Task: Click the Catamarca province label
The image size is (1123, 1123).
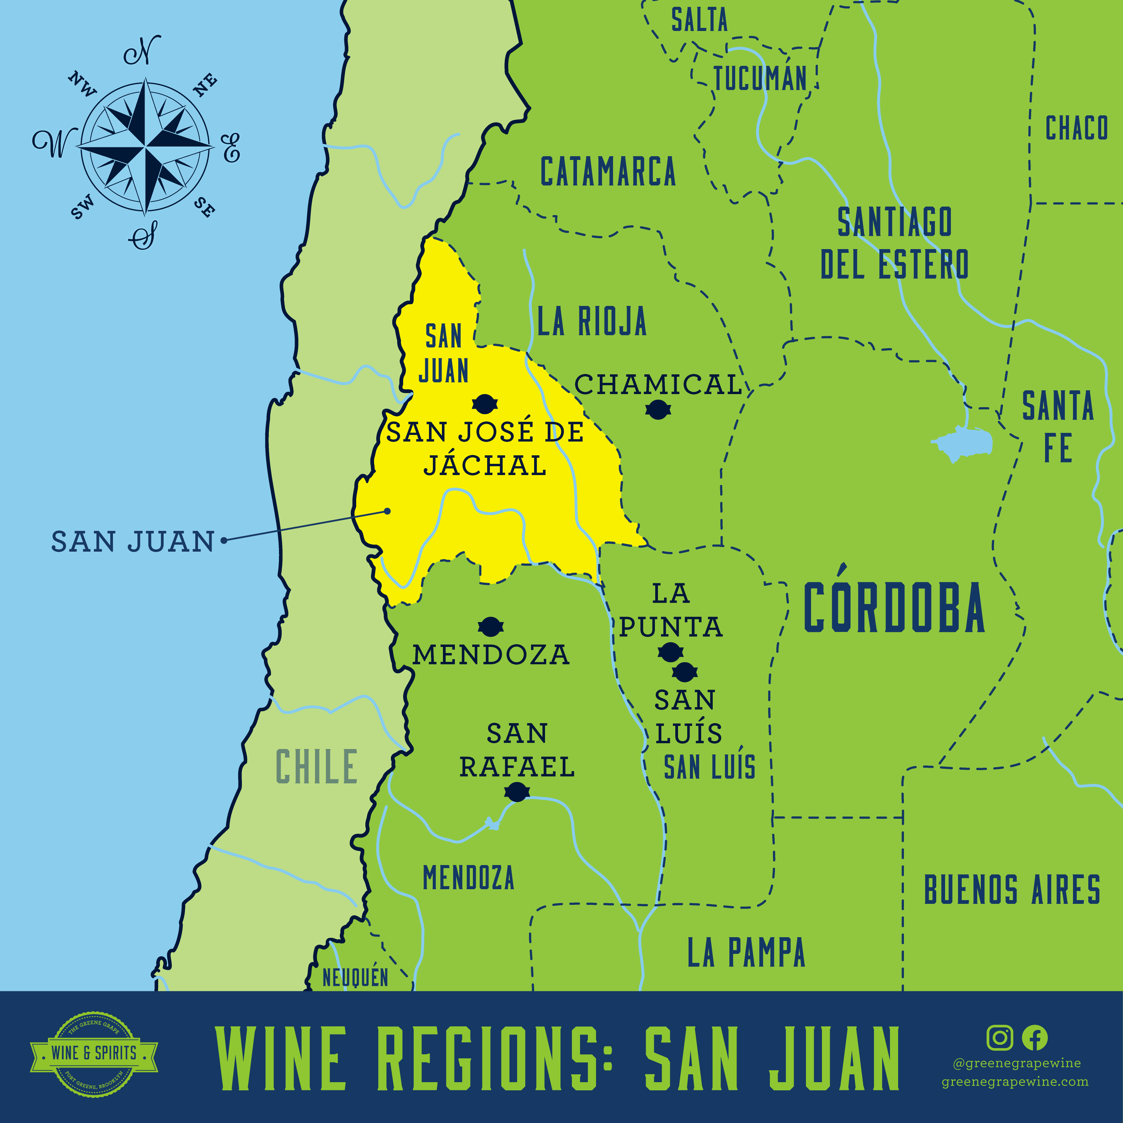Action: pyautogui.click(x=608, y=172)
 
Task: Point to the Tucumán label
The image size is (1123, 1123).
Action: pyautogui.click(x=760, y=79)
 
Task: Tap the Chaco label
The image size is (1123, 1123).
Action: pyautogui.click(x=1076, y=128)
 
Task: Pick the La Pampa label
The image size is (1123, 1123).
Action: pyautogui.click(x=746, y=953)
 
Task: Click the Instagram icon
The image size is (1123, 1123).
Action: pyautogui.click(x=1000, y=1038)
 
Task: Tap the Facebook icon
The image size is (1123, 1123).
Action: pyautogui.click(x=1035, y=1038)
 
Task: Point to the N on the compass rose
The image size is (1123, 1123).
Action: pyautogui.click(x=143, y=51)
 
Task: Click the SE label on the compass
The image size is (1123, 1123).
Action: pyautogui.click(x=204, y=207)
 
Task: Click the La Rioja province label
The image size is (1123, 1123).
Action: pyautogui.click(x=592, y=321)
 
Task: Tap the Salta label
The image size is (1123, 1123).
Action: pyautogui.click(x=699, y=20)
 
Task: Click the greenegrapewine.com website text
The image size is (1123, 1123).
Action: pyautogui.click(x=1015, y=1082)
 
